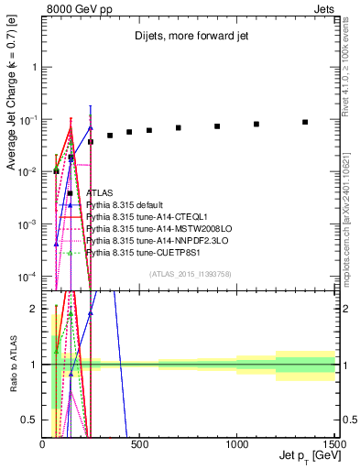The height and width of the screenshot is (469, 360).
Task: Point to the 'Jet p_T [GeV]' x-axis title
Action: click(307, 455)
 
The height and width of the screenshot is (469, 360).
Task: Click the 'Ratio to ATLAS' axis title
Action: click(12, 364)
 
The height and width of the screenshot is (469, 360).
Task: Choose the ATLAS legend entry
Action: click(100, 193)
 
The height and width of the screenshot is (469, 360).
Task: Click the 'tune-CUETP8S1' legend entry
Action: click(134, 252)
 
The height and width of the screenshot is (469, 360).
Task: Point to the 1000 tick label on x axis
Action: click(237, 442)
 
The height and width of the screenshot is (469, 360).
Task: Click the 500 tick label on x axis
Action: click(140, 442)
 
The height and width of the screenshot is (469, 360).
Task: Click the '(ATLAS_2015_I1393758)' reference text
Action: click(189, 273)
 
